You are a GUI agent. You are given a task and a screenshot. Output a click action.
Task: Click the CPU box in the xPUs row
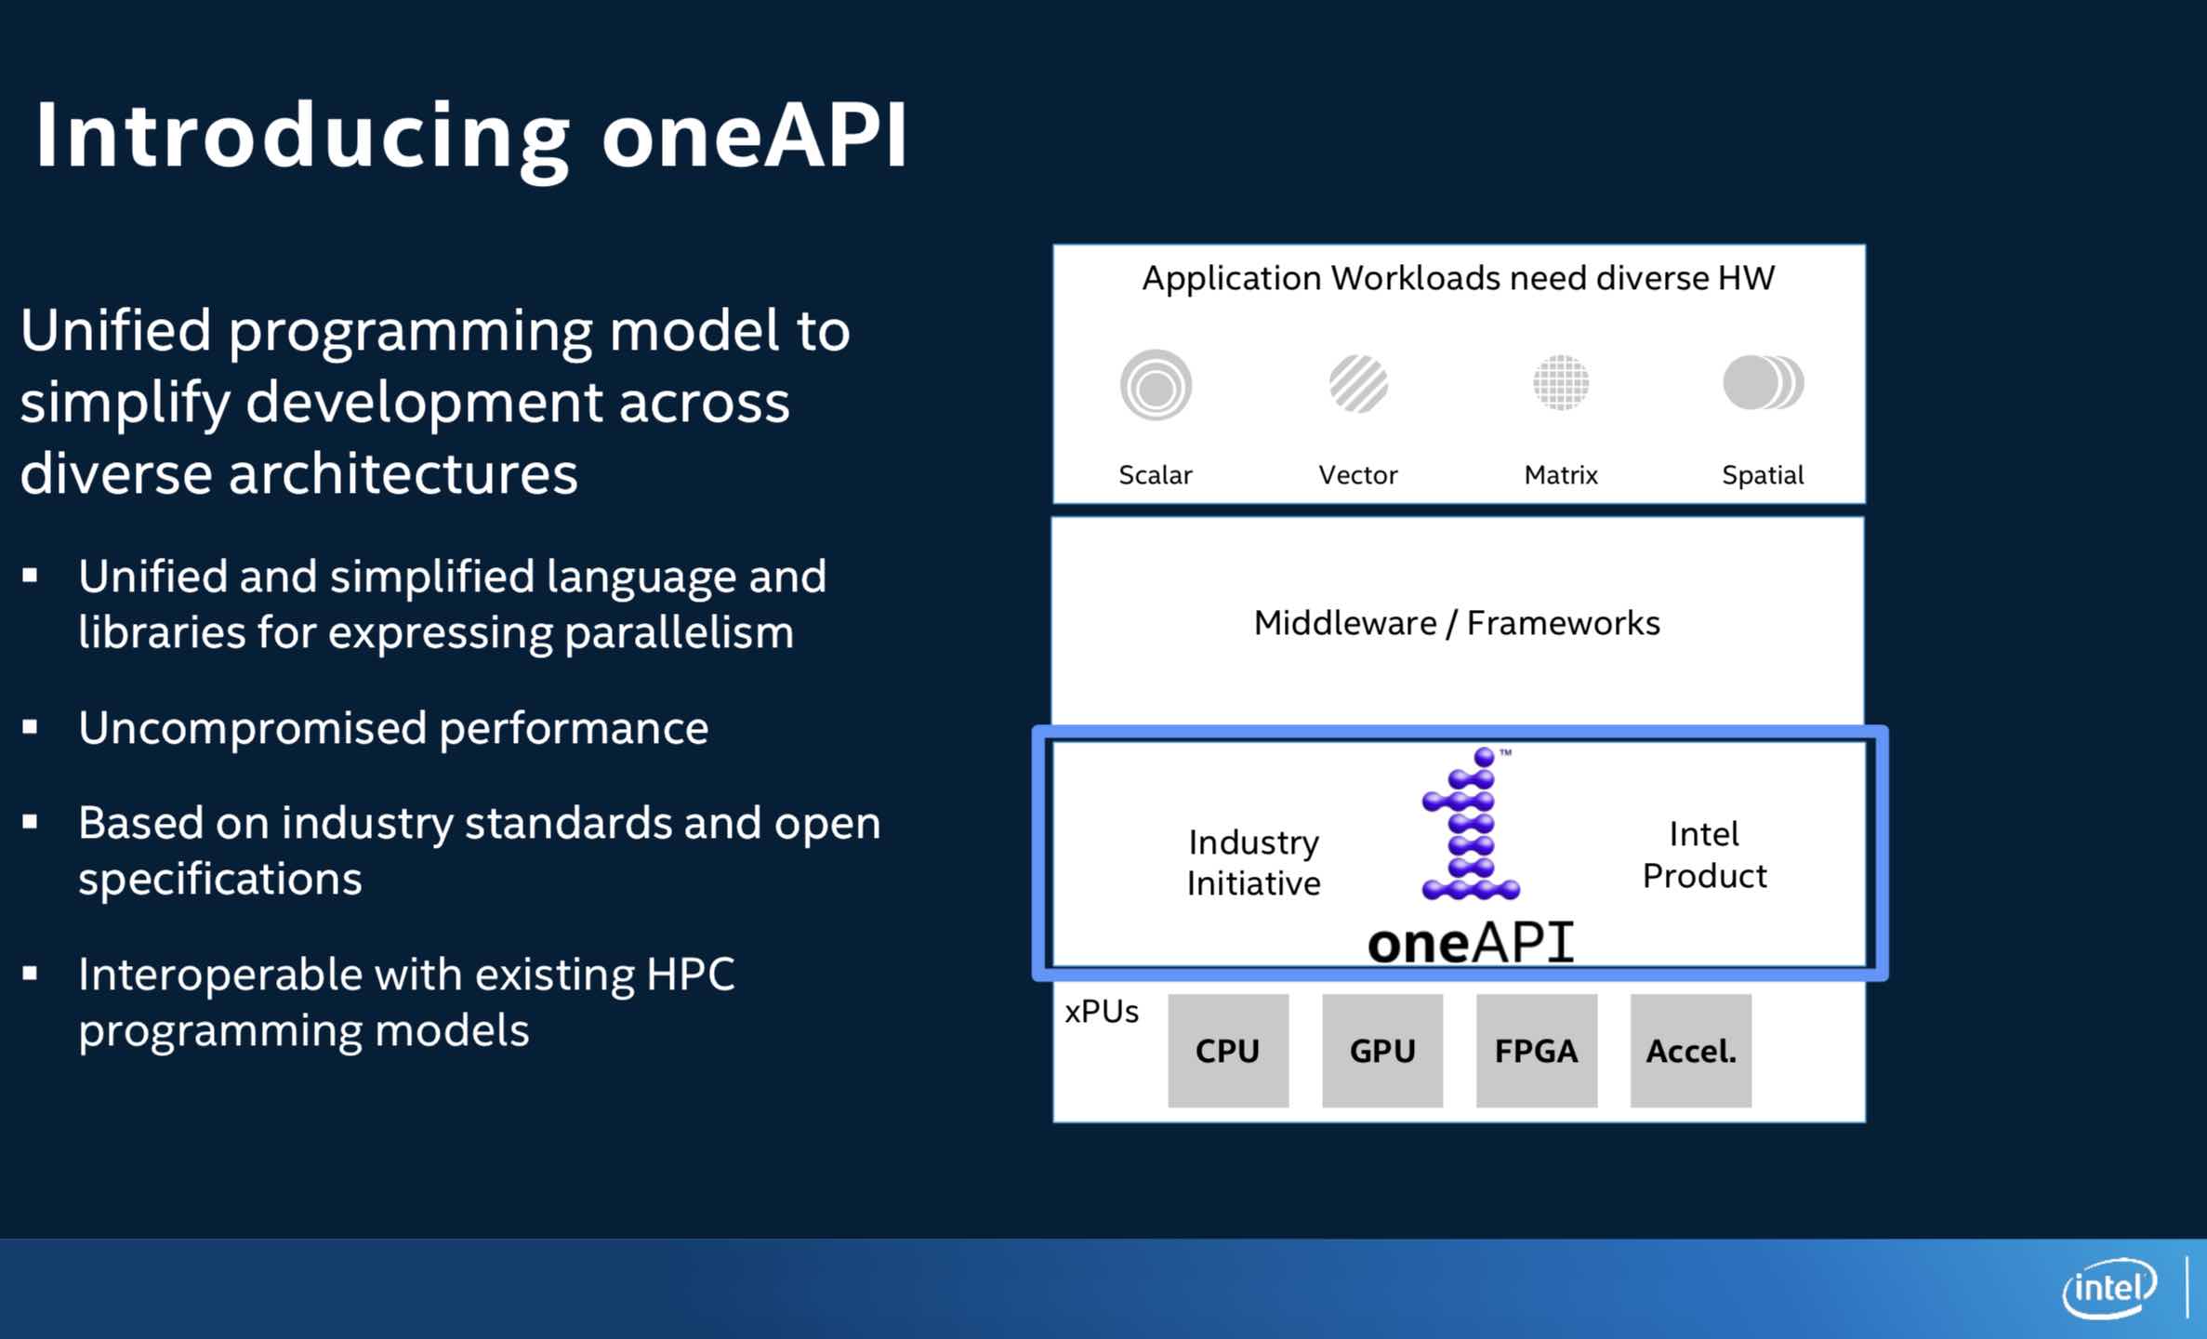tap(1228, 1051)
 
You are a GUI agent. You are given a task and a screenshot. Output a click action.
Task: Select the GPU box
tap(1382, 1051)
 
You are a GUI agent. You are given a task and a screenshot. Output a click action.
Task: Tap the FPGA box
tap(1537, 1051)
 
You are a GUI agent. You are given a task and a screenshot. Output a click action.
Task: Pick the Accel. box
tap(1691, 1051)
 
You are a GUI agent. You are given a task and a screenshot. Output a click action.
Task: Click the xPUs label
tap(1102, 1012)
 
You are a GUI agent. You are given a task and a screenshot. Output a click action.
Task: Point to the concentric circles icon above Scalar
tap(1156, 385)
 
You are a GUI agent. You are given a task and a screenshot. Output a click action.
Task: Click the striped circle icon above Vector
tap(1358, 383)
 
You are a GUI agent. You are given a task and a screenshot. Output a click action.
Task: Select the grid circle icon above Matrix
tap(1561, 382)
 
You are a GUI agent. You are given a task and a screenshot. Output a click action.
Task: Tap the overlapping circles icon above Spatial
tap(1763, 382)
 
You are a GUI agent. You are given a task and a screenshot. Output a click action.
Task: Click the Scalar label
tap(1155, 475)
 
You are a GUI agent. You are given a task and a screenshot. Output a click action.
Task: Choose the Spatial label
tap(1763, 475)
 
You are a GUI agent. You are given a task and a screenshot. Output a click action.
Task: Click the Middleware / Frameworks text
tap(1457, 623)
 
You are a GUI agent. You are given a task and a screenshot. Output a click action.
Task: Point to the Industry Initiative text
tap(1253, 863)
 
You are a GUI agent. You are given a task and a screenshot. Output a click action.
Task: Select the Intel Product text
tap(1704, 855)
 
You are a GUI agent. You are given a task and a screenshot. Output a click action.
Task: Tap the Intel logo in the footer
tap(2109, 1288)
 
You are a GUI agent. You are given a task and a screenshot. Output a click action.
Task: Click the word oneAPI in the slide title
tap(755, 136)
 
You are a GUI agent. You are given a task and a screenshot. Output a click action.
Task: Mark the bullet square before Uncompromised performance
tap(31, 728)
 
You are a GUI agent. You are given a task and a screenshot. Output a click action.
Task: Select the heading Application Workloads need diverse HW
tap(1458, 278)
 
